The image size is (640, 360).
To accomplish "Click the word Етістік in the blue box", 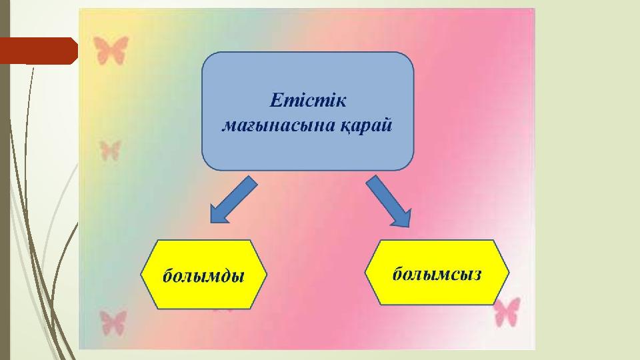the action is (x=308, y=101).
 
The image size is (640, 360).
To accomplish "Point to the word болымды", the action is (x=203, y=275).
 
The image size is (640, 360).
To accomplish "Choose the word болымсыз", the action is (x=437, y=273).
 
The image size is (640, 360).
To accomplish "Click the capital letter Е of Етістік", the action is (x=276, y=101).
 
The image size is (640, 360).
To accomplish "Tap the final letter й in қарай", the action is (x=386, y=125).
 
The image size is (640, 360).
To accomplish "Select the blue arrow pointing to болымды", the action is (x=233, y=200).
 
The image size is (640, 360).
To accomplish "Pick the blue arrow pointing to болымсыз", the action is (x=389, y=201).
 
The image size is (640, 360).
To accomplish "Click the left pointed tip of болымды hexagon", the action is (x=141, y=274).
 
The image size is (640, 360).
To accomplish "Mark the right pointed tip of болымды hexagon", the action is (x=267, y=274).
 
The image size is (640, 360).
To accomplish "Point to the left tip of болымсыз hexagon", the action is (x=365, y=272).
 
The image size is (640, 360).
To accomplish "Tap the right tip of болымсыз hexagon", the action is (x=509, y=272).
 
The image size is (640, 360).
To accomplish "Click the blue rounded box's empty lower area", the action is (x=308, y=153).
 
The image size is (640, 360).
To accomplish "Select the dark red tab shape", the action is (x=39, y=51).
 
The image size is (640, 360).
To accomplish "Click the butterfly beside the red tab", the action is (x=111, y=50).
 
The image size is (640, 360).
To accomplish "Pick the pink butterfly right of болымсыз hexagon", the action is (x=507, y=312).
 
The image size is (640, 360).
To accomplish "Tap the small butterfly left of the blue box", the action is (x=110, y=150).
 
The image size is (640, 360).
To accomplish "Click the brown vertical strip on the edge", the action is (x=5, y=180).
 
